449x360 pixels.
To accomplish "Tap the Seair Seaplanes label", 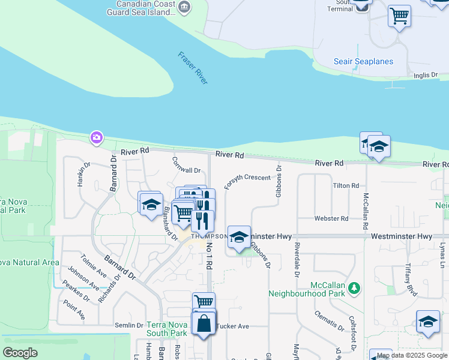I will [x=363, y=62].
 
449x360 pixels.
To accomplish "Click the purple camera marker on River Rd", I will [x=96, y=139].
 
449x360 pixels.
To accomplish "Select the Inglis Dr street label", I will [x=427, y=76].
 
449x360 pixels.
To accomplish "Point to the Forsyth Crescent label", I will [x=247, y=178].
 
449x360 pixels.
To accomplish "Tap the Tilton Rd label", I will [x=345, y=186].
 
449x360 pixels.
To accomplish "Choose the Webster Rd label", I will [x=327, y=219].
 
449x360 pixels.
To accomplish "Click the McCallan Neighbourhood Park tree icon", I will [x=354, y=289].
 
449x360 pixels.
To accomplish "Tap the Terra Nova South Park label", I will [x=167, y=328].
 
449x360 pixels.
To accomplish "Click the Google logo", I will [x=20, y=353].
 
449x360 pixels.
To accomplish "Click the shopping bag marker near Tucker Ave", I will [x=204, y=323].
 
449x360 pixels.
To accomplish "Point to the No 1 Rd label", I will [x=209, y=256].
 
